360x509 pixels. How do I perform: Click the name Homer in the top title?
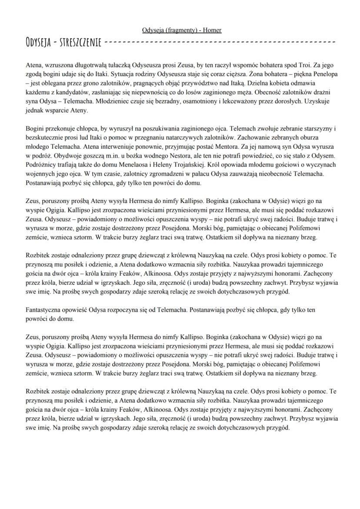tap(213, 30)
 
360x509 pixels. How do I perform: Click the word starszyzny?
tap(317, 129)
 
